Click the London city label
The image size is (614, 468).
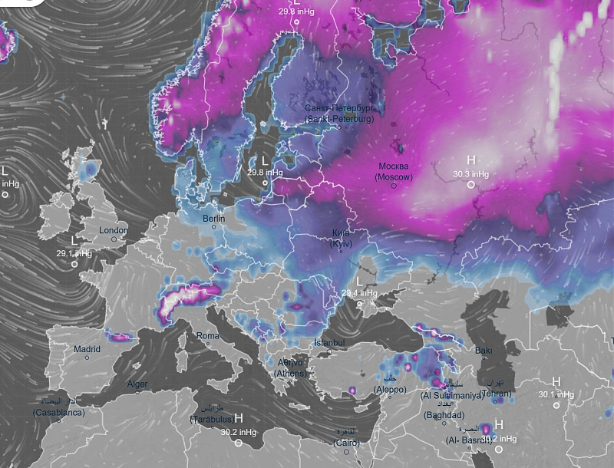[114, 230]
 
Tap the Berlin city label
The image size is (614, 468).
[213, 219]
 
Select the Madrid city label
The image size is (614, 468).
[87, 349]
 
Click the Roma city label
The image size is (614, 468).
[208, 336]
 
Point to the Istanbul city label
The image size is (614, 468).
[330, 342]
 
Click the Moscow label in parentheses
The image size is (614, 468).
[394, 177]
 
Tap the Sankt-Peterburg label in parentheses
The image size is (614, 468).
[339, 119]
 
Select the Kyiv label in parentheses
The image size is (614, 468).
[341, 243]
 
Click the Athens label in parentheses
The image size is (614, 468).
[291, 374]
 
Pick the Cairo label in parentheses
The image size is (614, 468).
[346, 443]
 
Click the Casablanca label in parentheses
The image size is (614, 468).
[58, 412]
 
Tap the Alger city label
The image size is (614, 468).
[137, 384]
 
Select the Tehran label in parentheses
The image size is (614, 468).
[496, 394]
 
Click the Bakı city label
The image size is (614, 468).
[484, 351]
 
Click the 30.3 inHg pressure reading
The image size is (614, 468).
[471, 174]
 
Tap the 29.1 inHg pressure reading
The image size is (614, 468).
[74, 253]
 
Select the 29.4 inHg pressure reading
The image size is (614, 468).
[360, 293]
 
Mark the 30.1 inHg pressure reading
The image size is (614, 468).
[556, 394]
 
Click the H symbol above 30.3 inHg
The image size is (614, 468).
[471, 160]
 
